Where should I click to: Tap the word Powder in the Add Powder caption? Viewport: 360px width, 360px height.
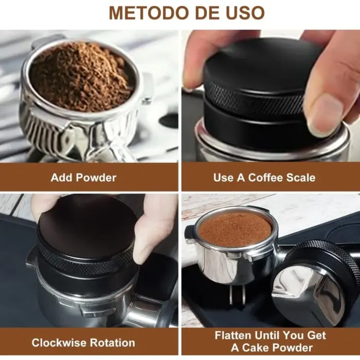(97, 178)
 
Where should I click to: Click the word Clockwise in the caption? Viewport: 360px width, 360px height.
(59, 343)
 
